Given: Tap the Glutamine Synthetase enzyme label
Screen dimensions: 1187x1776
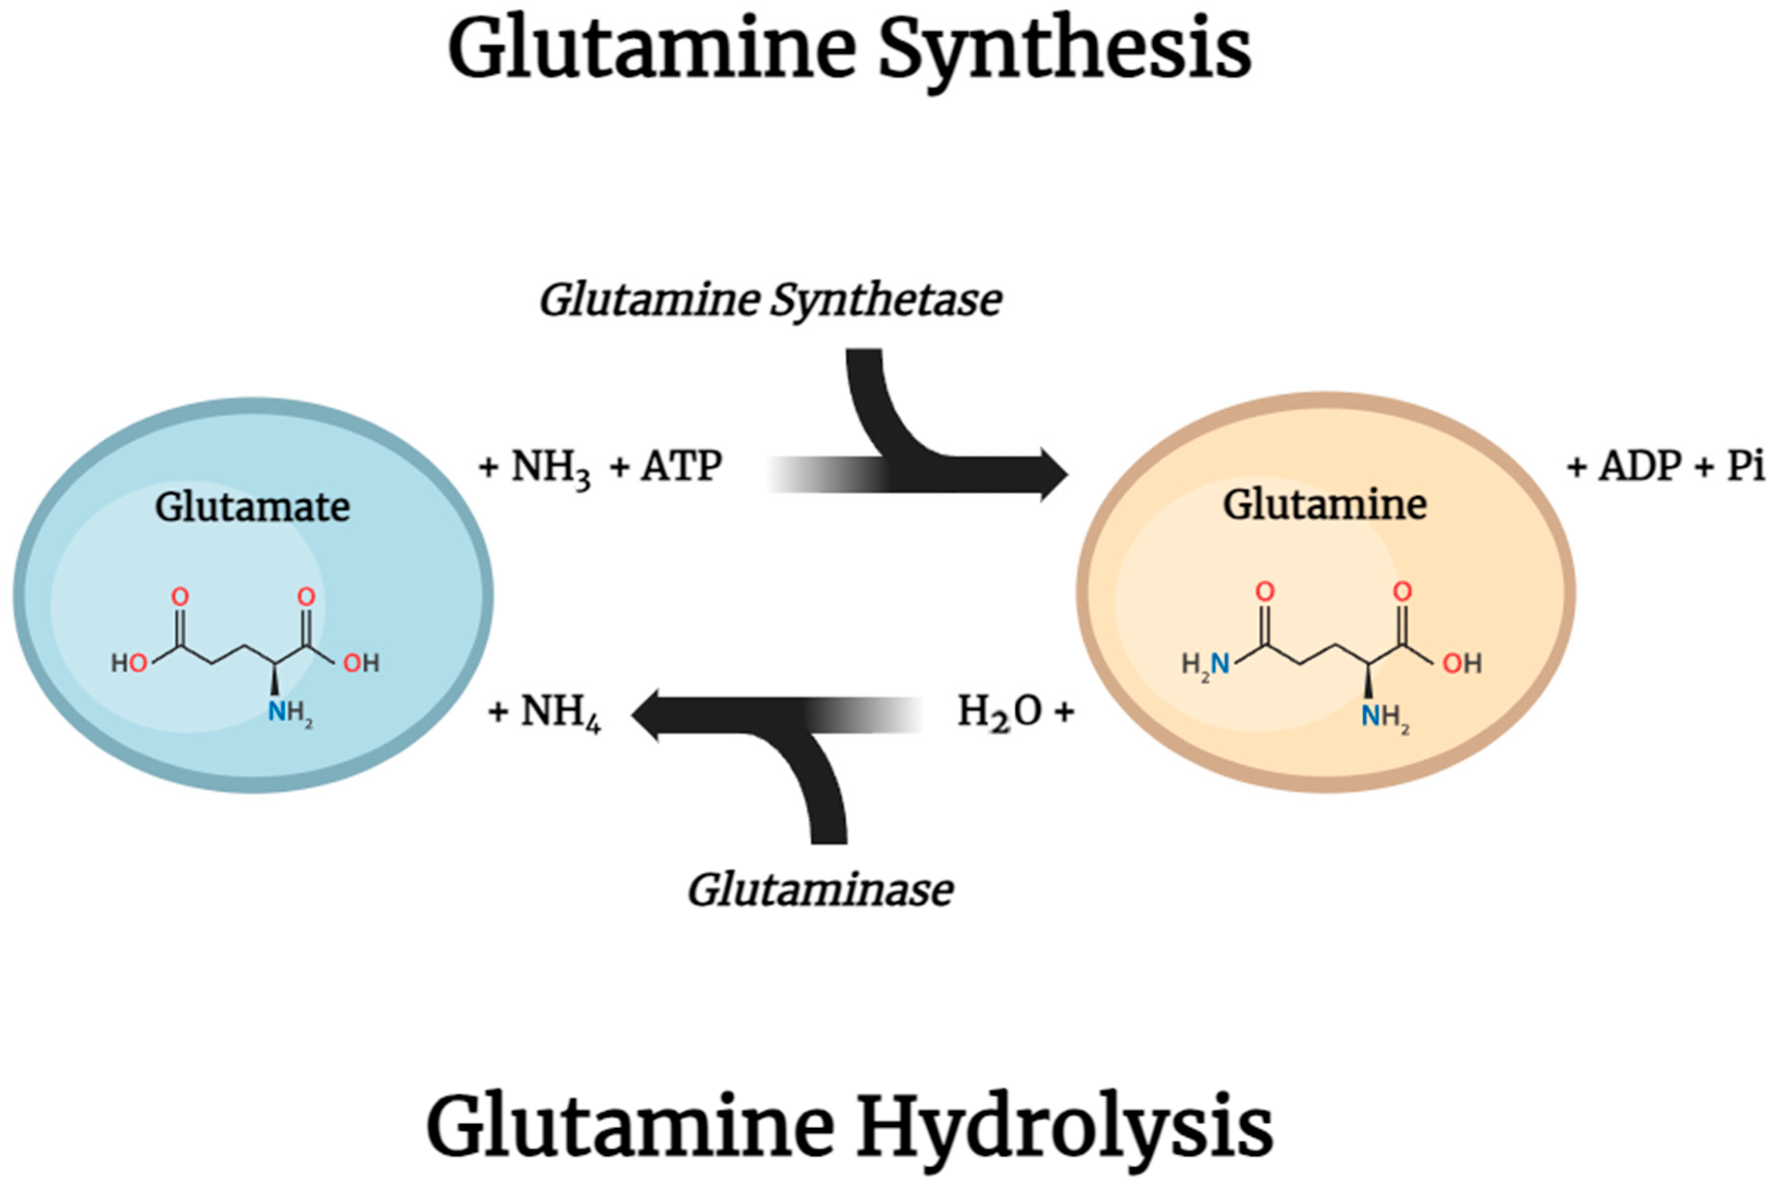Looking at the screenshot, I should click(x=770, y=301).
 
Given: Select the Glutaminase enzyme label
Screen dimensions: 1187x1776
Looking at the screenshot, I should click(x=820, y=890).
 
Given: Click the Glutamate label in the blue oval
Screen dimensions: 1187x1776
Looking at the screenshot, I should click(x=252, y=507).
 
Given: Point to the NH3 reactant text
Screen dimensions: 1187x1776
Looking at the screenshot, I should click(x=550, y=467).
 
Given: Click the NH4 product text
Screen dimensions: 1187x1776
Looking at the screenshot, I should click(x=560, y=712).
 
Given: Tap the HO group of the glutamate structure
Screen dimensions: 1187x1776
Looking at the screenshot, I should click(x=129, y=664).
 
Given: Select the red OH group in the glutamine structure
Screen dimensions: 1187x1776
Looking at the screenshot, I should click(x=1462, y=664).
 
